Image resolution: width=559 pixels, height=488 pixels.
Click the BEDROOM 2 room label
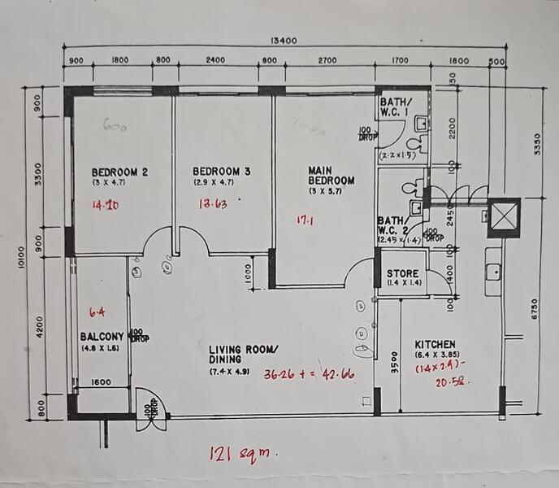(119, 172)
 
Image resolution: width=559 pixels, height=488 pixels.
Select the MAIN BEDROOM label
(331, 176)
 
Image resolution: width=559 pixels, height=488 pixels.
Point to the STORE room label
(401, 273)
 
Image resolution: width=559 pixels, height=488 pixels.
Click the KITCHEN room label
(435, 344)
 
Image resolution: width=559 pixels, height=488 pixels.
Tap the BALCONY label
(102, 337)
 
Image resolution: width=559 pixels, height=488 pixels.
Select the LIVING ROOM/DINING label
(243, 355)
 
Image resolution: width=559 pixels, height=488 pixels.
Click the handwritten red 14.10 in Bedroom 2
(106, 205)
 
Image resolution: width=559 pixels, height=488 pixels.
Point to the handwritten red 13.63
(214, 204)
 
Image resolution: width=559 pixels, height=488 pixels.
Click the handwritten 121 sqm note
(242, 453)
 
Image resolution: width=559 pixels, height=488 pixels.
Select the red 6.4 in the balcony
(97, 311)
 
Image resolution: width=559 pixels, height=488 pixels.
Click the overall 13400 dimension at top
(282, 41)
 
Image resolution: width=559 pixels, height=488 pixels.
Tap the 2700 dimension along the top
(327, 59)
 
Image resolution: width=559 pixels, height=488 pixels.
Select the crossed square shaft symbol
(503, 216)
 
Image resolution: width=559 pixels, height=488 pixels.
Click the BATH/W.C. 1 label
(396, 107)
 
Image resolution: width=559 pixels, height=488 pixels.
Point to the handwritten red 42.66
(336, 376)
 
